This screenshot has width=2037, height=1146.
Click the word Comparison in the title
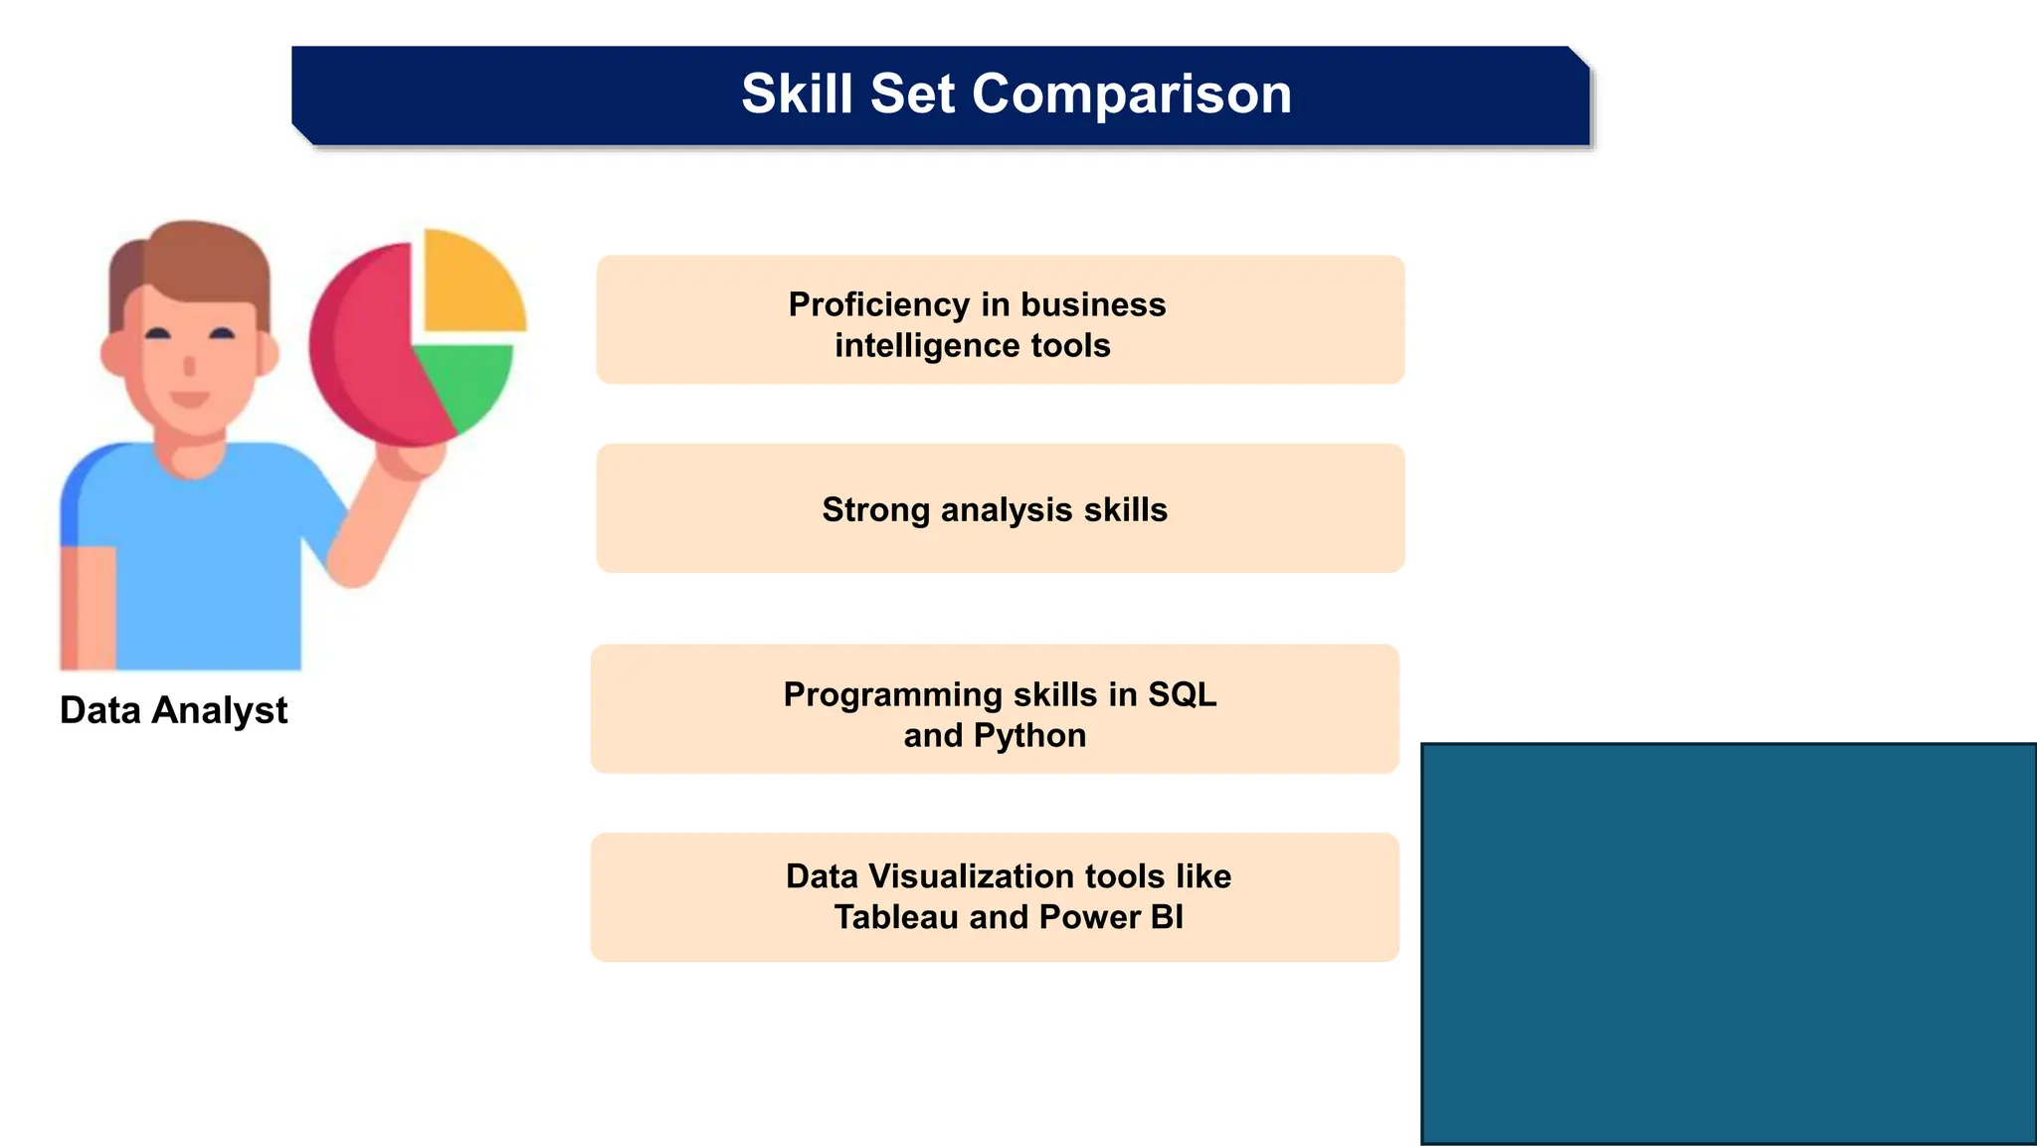[x=1131, y=95]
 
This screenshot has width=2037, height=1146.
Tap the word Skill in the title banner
[x=797, y=95]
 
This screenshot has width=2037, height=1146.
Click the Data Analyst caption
[x=173, y=710]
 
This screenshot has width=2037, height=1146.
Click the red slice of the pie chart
[x=363, y=348]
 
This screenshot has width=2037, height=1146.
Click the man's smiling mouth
[x=189, y=400]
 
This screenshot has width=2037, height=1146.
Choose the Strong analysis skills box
[x=999, y=508]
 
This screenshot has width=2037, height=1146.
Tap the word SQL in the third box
[x=1182, y=694]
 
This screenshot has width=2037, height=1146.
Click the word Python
[x=1029, y=735]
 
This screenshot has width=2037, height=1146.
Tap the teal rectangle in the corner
[x=1728, y=943]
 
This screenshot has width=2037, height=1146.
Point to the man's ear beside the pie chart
[x=267, y=354]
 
